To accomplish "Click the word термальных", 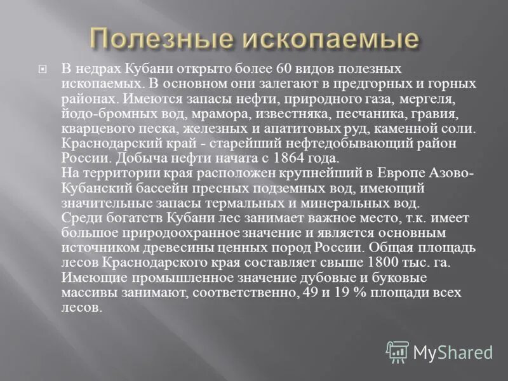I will click(238, 203).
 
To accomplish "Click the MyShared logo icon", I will click(398, 351).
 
